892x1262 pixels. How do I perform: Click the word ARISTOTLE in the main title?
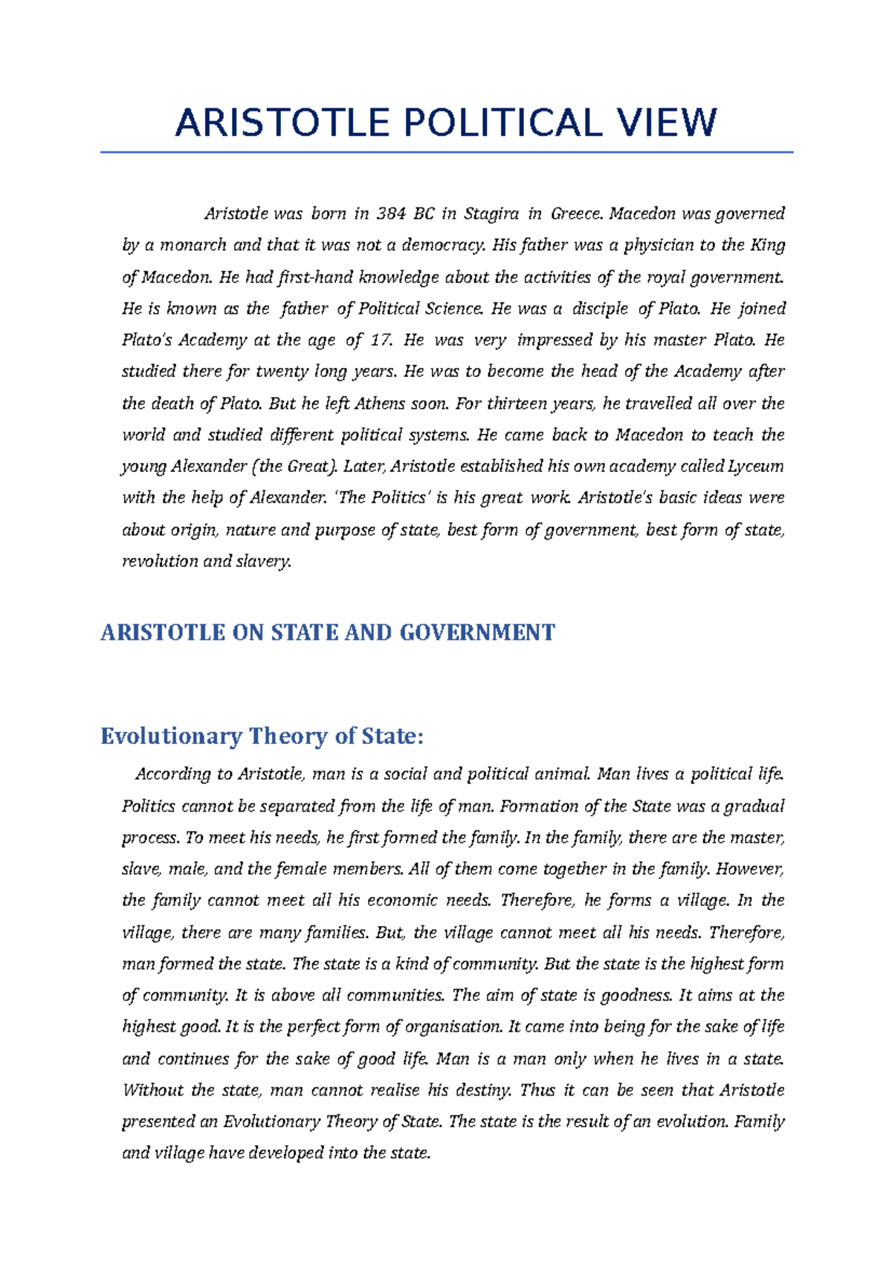(282, 123)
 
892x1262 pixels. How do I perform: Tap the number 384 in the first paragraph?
(391, 214)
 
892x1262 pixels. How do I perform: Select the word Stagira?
(491, 214)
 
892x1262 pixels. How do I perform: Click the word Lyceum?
(755, 467)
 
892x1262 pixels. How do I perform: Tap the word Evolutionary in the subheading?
(172, 737)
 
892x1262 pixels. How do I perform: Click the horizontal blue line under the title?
(446, 152)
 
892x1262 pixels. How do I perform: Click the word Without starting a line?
(152, 1090)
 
